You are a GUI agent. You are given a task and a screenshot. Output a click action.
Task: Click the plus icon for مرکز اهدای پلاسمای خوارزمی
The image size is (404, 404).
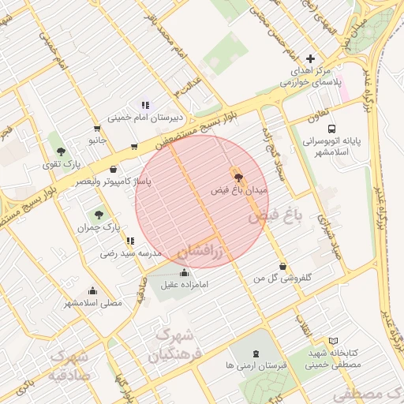tap(310, 58)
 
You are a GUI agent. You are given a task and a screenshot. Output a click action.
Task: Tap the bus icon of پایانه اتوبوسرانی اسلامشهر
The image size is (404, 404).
tap(331, 128)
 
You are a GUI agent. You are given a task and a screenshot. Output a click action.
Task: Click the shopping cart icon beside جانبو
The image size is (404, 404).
tap(97, 128)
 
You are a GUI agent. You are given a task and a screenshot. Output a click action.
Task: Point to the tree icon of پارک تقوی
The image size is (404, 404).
tap(61, 151)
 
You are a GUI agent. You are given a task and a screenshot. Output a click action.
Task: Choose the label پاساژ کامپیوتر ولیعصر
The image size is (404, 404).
tap(114, 182)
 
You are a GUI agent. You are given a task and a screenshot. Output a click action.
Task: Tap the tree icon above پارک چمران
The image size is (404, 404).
tap(99, 214)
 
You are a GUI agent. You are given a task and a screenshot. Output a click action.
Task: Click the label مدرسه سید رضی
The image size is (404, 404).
tap(130, 254)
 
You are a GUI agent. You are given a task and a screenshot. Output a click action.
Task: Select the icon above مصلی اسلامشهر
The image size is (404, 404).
tap(93, 290)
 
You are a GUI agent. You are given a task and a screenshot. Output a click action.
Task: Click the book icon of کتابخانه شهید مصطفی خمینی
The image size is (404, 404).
tap(332, 341)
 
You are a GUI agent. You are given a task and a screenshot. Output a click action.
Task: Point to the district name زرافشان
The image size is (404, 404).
tap(200, 252)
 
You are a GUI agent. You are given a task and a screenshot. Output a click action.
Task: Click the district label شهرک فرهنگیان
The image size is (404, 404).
tap(175, 346)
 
